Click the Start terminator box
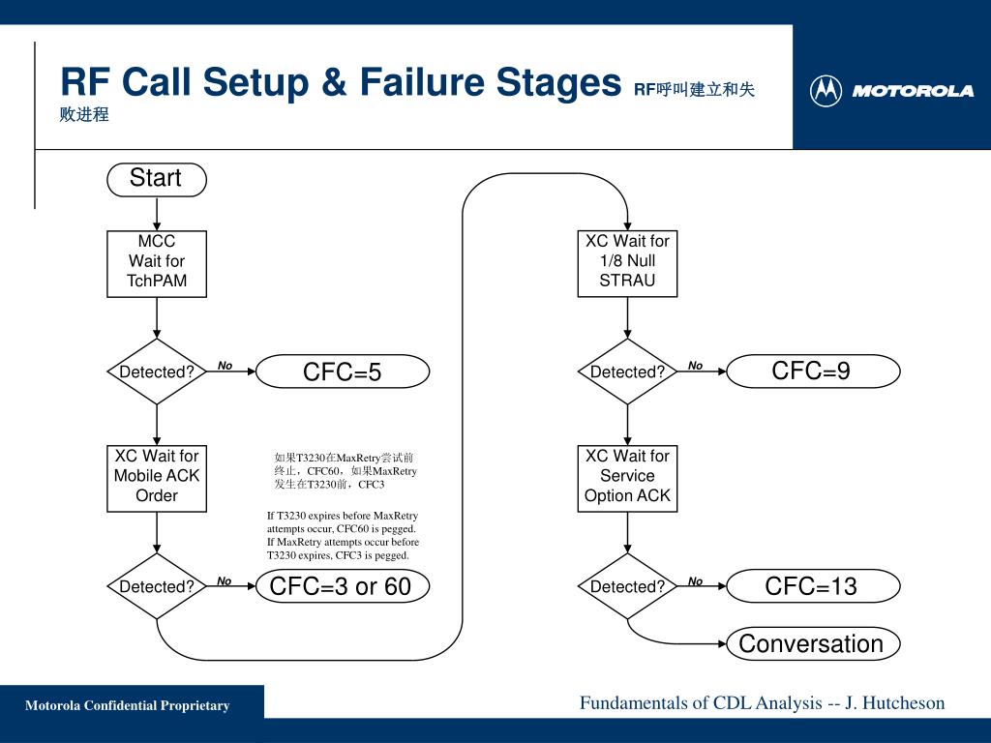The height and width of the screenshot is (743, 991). [x=157, y=179]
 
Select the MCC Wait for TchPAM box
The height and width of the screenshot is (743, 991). [x=157, y=264]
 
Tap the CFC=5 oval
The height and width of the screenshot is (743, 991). [x=343, y=371]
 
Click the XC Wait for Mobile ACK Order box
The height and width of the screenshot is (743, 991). [x=157, y=479]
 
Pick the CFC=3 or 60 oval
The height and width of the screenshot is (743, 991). [x=343, y=586]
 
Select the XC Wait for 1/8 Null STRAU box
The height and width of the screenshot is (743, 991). [x=627, y=264]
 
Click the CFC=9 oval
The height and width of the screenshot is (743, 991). [x=813, y=371]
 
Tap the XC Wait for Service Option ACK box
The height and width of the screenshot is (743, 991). [x=627, y=479]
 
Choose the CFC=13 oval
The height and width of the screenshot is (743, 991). [x=813, y=586]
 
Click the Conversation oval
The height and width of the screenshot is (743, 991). [x=813, y=643]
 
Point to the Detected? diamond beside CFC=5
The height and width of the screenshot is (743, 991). [x=157, y=371]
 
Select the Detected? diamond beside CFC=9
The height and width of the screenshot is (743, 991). [x=627, y=371]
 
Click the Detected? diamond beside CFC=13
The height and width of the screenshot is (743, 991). [x=627, y=586]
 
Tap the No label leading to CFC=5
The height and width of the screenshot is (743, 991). [x=225, y=365]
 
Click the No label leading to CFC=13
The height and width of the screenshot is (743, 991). [x=695, y=580]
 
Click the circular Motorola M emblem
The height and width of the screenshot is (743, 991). [x=826, y=91]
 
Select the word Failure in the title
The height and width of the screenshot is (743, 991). [x=422, y=82]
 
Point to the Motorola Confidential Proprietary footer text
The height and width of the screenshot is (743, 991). [x=127, y=705]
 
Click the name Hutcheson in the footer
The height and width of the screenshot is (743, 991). [x=904, y=702]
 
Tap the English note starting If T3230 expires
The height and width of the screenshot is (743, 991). [x=343, y=536]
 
